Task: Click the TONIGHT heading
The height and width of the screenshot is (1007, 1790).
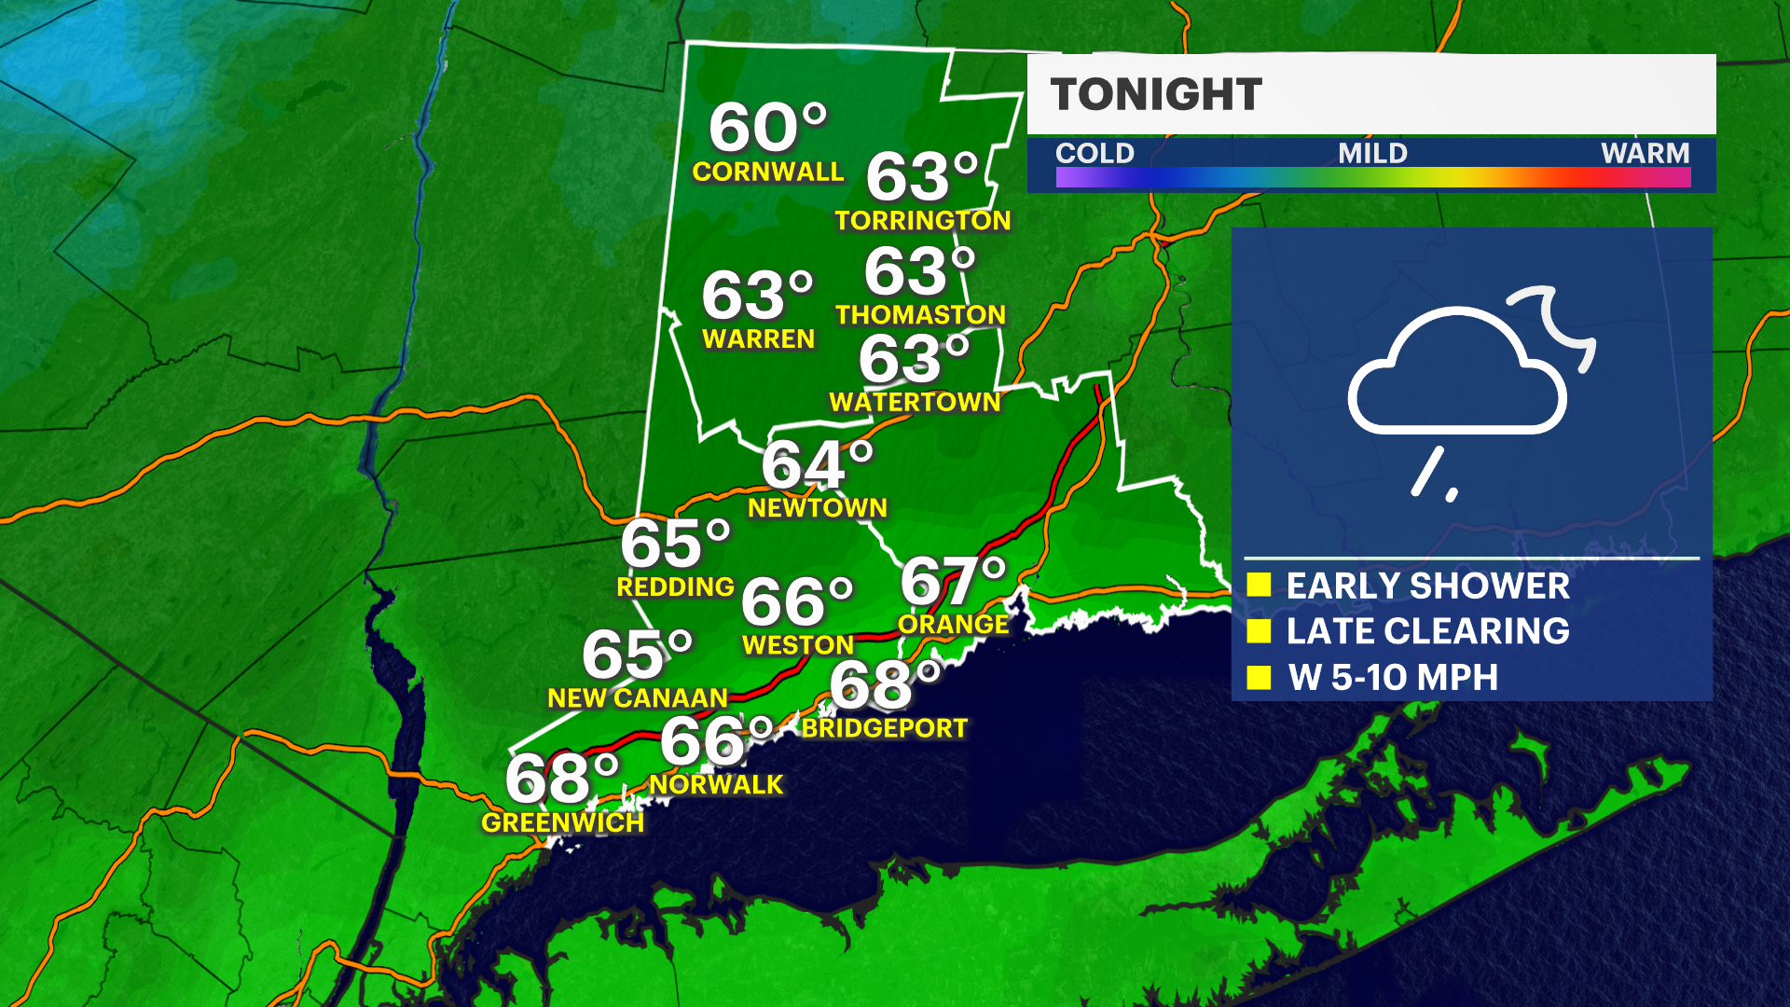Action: pos(1156,94)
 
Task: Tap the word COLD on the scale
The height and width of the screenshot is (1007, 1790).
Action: pos(1095,153)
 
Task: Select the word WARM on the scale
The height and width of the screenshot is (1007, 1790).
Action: pos(1645,153)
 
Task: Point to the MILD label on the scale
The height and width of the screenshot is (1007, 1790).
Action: pos(1372,153)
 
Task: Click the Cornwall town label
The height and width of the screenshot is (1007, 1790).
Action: pos(767,172)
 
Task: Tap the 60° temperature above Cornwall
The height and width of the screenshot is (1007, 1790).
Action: pos(767,128)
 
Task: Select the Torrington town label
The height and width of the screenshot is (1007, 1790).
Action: pos(922,221)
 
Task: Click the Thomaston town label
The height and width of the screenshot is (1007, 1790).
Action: pos(920,315)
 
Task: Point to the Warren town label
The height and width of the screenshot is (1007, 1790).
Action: pos(758,339)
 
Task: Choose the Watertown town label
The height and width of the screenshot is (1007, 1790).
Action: pos(915,402)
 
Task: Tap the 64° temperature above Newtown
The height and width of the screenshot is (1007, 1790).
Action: pos(817,464)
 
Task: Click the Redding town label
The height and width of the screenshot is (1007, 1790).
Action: pos(675,587)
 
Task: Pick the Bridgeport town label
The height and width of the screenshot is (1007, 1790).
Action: pos(885,728)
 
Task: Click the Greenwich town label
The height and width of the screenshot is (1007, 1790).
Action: pos(562,822)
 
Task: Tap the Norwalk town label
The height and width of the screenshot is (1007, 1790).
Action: pos(716,785)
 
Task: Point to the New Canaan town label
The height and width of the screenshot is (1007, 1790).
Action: pos(638,698)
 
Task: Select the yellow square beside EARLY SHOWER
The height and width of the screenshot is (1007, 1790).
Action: pos(1259,585)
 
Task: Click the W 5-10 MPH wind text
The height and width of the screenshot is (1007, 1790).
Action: pos(1393,678)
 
